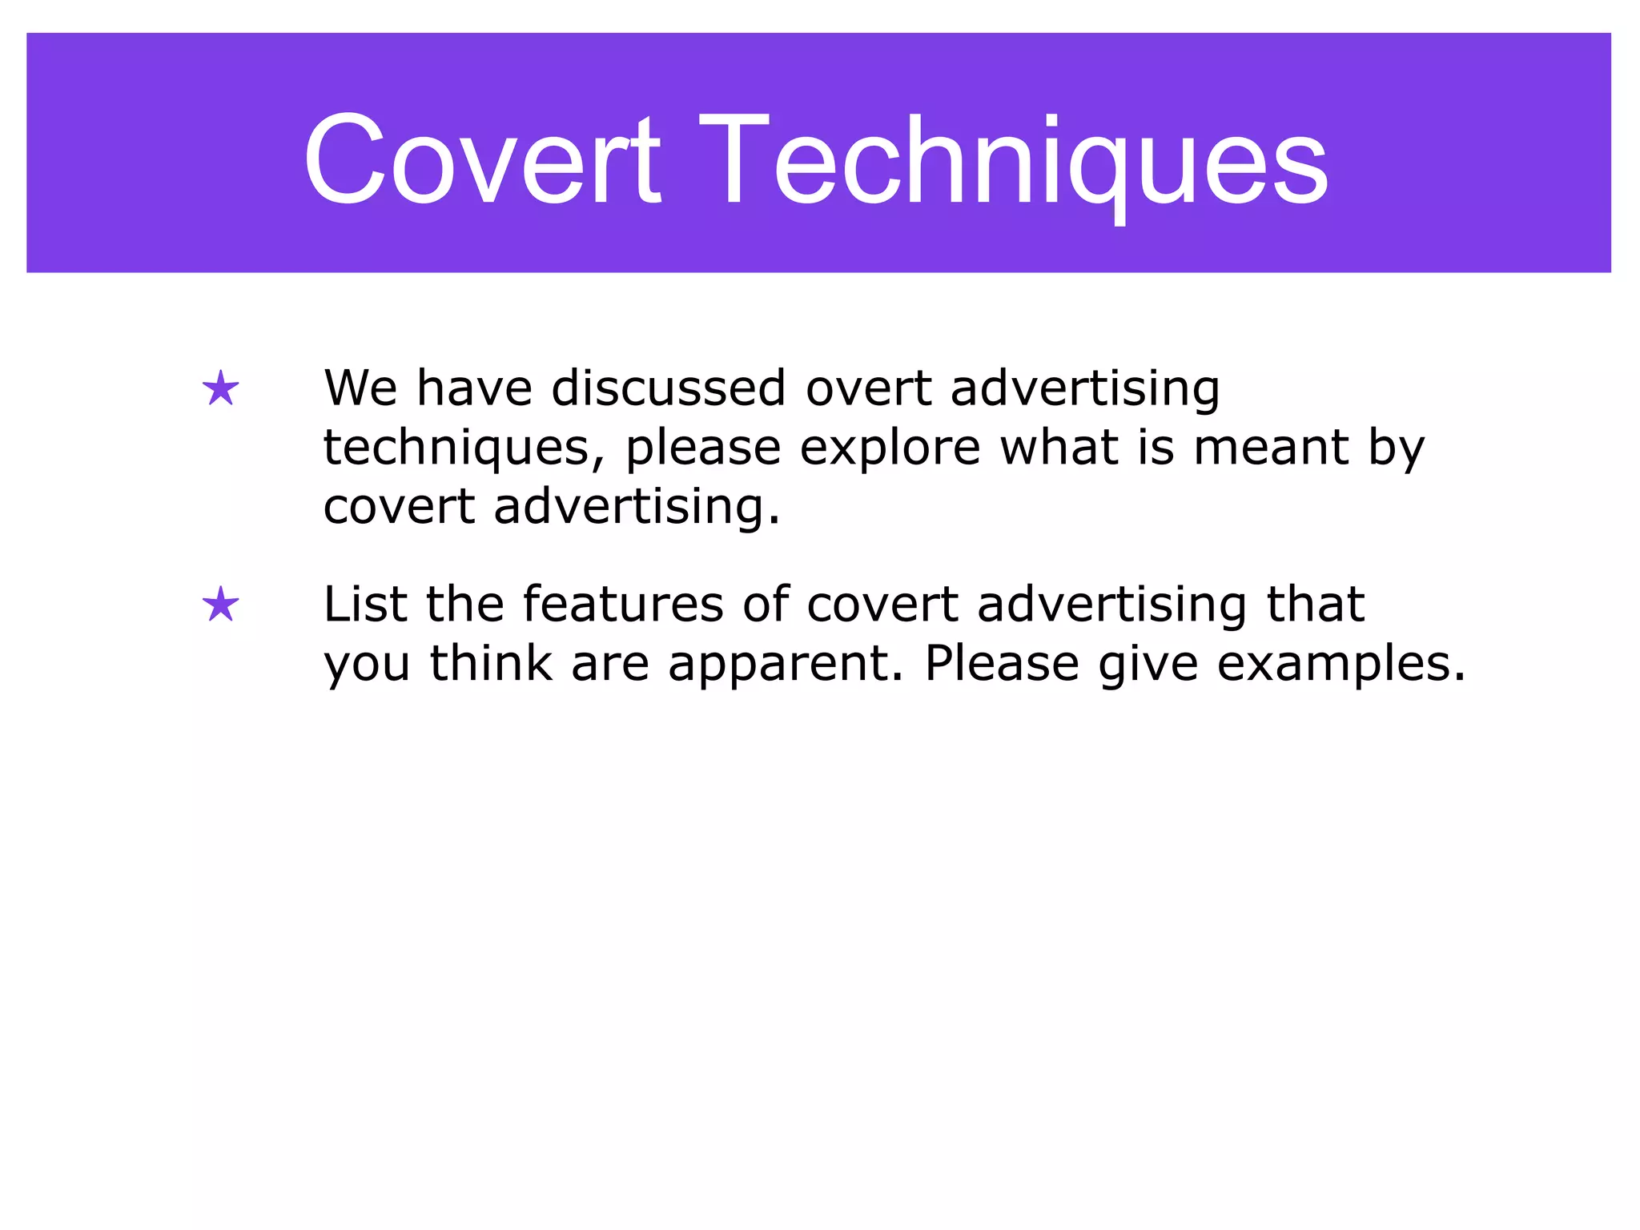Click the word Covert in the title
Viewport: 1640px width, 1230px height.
click(x=482, y=160)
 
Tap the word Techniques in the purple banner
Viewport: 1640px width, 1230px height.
click(x=1014, y=160)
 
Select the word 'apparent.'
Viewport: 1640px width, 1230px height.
click(x=786, y=665)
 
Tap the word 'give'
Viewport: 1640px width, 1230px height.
click(x=1148, y=665)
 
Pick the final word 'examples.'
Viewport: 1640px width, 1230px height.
click(x=1341, y=665)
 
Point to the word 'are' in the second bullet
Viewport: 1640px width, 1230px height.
click(x=610, y=665)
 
